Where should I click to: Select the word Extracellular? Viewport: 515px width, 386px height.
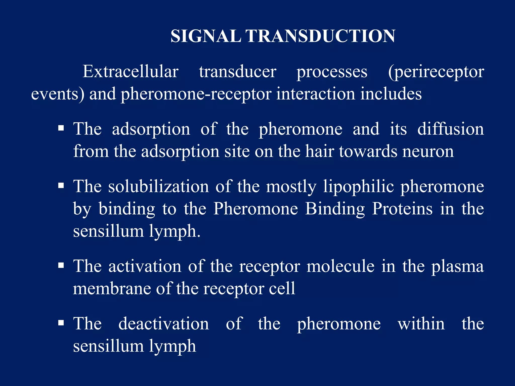(131, 72)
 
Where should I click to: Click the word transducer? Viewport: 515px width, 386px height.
(238, 72)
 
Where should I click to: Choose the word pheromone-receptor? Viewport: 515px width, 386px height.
(196, 94)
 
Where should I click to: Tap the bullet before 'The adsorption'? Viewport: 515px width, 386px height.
(61, 128)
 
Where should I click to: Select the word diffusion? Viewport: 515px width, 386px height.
(450, 129)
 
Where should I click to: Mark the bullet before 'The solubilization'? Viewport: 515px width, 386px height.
(61, 186)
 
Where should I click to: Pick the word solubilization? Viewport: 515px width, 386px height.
(158, 186)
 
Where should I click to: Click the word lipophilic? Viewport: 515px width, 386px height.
(359, 187)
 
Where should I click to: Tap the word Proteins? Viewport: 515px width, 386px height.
(402, 209)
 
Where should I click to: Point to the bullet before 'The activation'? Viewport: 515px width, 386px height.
(61, 266)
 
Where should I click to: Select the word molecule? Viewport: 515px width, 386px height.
(340, 266)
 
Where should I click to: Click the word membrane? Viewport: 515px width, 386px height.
(112, 288)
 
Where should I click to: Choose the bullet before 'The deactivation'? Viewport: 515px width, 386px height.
(61, 323)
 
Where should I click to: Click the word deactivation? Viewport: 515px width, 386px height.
(163, 323)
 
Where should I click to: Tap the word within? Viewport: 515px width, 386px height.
(421, 323)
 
